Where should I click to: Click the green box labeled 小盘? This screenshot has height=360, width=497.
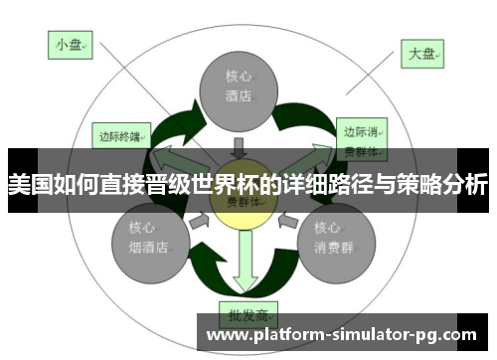click(x=69, y=44)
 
